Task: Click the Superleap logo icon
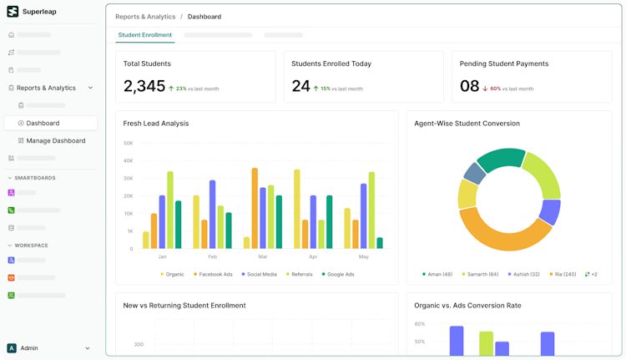coord(13,12)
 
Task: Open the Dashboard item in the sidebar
coord(43,123)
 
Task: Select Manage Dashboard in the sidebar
coord(55,140)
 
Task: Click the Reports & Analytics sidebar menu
coord(46,88)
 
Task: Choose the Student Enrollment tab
coord(144,35)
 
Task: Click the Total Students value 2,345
coord(144,86)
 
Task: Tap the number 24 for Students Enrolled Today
coord(300,86)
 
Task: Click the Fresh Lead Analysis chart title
coord(156,124)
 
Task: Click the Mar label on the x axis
coord(262,256)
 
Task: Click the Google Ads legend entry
coord(337,274)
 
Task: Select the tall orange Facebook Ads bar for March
coord(255,208)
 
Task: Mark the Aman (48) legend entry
coord(437,274)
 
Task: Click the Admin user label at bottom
coord(29,348)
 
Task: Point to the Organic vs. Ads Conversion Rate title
coord(467,306)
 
